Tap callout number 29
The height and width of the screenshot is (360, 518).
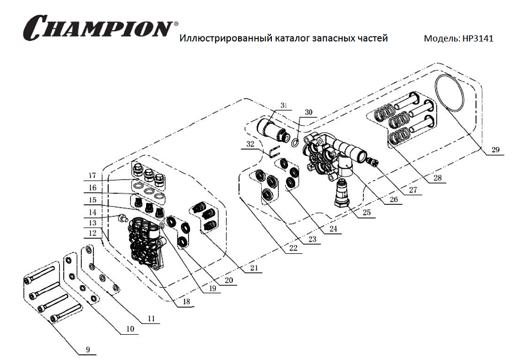495,150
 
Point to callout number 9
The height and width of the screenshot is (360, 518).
87,348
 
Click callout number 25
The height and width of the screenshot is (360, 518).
366,213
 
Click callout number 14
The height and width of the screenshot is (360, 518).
92,213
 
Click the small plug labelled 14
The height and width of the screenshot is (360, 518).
121,218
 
